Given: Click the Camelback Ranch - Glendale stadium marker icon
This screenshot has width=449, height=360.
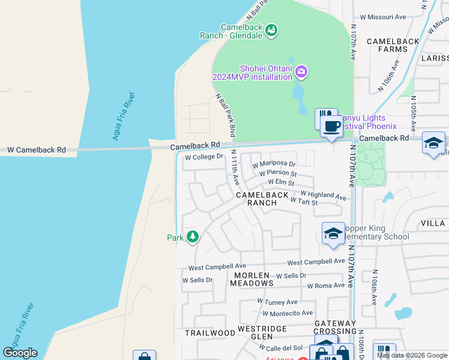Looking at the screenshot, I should click(271, 30).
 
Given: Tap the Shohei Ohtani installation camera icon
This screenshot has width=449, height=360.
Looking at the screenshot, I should click(301, 72).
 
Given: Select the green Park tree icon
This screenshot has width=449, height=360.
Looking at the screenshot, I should click(192, 237).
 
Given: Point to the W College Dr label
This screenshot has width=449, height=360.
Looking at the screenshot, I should click(203, 157).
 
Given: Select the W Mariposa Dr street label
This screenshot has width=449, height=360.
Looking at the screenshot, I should click(274, 164).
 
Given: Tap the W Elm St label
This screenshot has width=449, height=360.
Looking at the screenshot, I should click(281, 182).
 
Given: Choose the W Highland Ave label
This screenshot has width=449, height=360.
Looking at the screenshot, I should click(323, 195).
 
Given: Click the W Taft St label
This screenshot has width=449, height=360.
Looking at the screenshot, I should click(304, 202).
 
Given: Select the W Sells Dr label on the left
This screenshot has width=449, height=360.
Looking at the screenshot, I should click(197, 280).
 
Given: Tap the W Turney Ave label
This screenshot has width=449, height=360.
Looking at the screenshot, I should click(277, 302).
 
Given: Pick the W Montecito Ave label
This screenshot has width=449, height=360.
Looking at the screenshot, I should click(288, 313).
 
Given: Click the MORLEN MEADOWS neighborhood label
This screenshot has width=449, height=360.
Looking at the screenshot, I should click(252, 279).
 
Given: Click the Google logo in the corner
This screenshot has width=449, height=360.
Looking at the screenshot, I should click(20, 353).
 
